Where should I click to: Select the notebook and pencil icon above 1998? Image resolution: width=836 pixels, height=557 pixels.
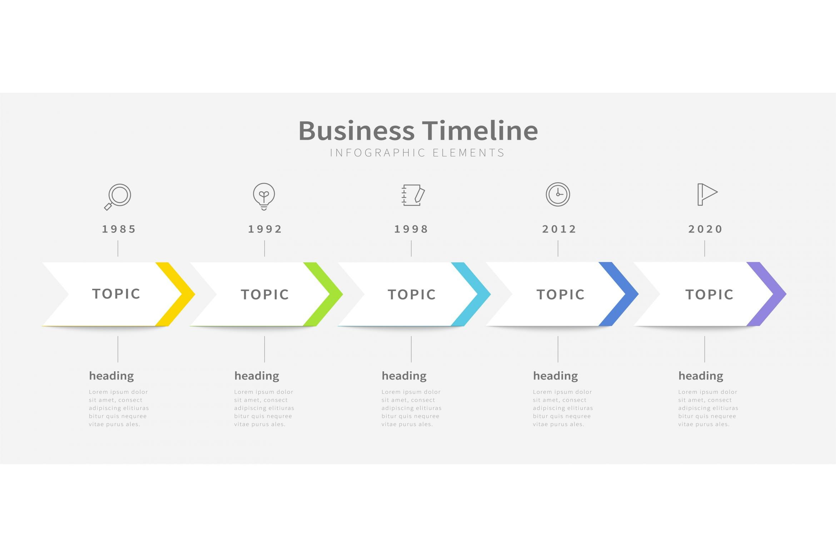coord(413,195)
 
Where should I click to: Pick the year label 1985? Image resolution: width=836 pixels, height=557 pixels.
coord(119,229)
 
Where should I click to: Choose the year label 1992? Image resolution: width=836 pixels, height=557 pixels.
coord(265,229)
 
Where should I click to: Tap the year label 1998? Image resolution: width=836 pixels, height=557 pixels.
coord(411,229)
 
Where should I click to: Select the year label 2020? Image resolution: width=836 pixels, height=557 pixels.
coord(706,229)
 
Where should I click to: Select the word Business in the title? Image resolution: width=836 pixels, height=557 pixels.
coord(357,130)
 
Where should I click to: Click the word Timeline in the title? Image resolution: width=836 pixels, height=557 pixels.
coord(480,130)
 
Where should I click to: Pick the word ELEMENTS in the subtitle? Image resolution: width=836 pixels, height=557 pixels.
coord(468,153)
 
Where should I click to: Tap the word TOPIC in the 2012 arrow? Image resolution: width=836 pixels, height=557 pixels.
coord(561,295)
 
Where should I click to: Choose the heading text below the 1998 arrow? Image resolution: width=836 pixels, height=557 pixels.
coord(404,376)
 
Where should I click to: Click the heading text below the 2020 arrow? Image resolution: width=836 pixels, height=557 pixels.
coord(701,376)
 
